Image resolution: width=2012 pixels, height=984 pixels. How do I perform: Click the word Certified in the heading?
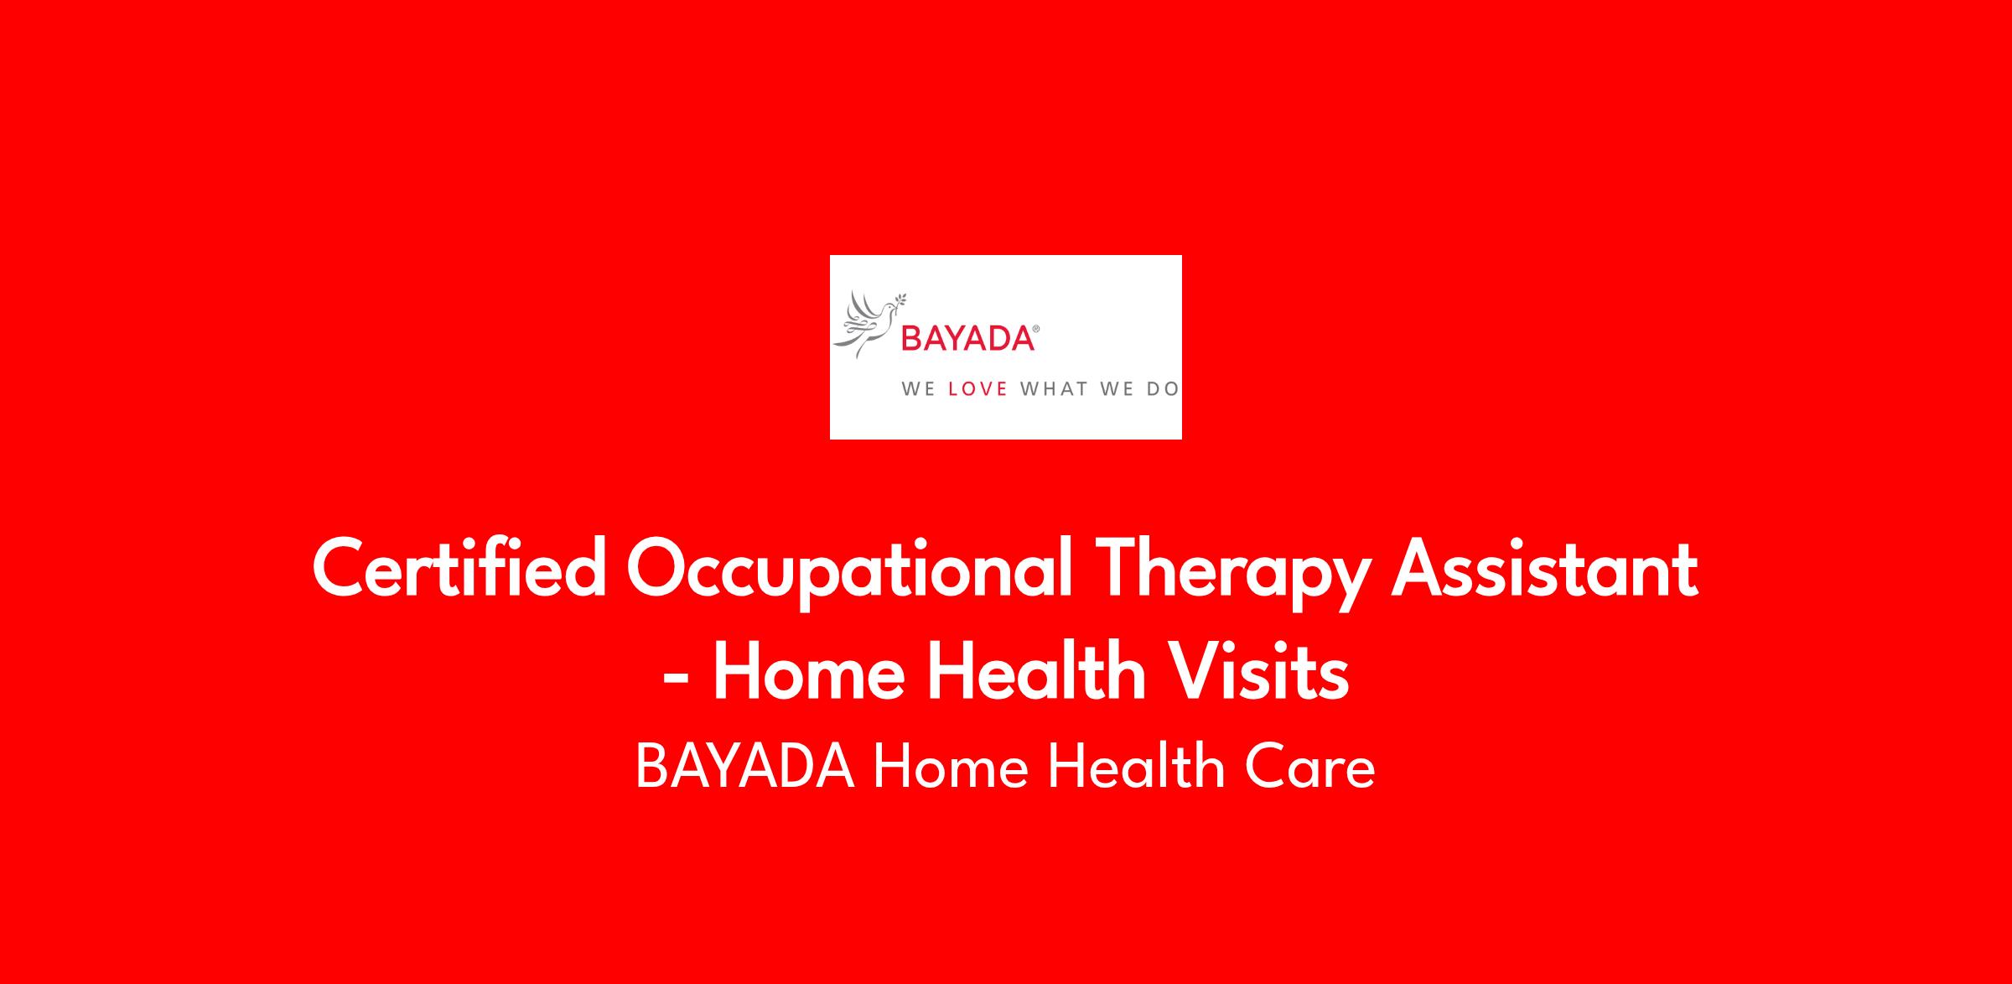click(459, 569)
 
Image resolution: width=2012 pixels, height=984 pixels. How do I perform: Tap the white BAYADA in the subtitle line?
click(745, 767)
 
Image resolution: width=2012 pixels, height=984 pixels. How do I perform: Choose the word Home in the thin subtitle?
click(951, 767)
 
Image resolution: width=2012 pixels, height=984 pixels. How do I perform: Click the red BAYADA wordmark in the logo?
click(967, 339)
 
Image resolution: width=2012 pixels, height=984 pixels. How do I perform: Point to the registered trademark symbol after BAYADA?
click(1037, 329)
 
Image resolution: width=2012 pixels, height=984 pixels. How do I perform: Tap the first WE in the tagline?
click(918, 389)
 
